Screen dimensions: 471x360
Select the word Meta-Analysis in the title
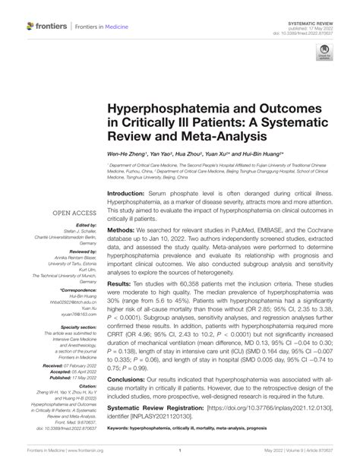(x=217, y=138)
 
